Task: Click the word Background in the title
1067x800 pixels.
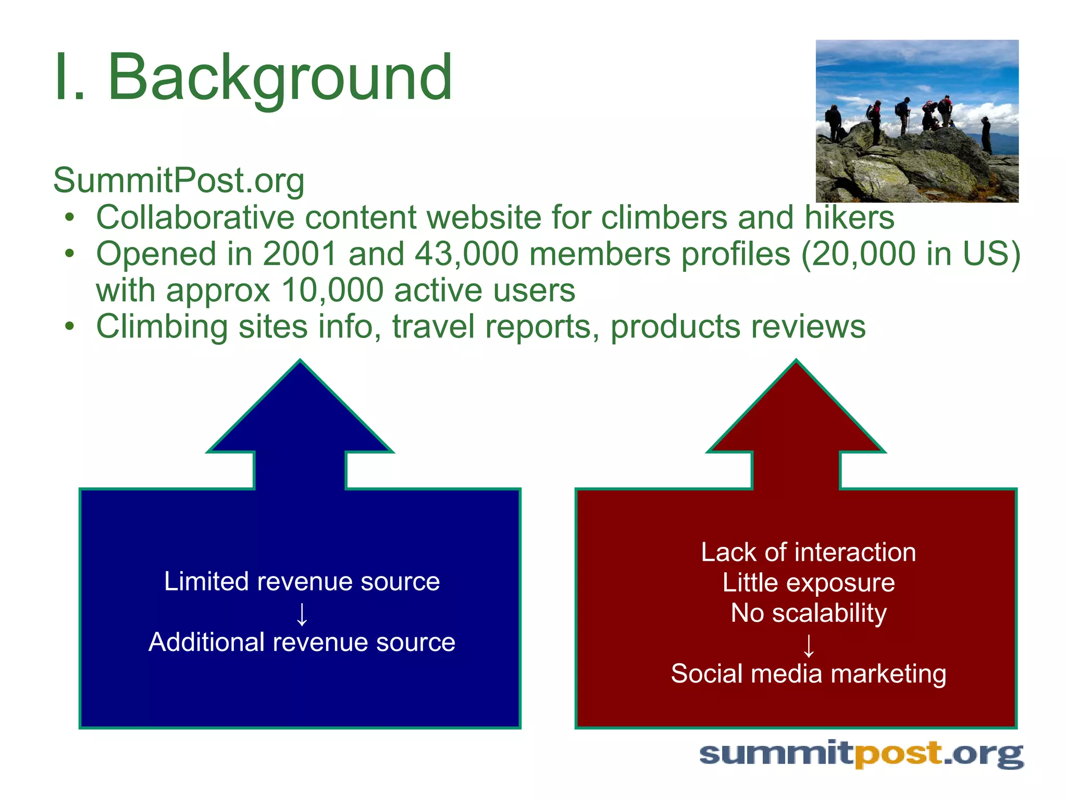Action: pos(280,78)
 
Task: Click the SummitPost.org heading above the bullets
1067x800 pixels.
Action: pos(179,180)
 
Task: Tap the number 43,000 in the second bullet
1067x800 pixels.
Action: pos(467,254)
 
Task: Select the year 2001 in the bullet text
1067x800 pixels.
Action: pos(300,254)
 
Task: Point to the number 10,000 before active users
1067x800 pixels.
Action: pos(332,290)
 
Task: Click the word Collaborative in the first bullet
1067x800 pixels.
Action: pos(195,217)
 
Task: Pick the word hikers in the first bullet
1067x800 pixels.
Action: pos(849,217)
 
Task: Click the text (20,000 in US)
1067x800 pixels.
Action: pos(910,254)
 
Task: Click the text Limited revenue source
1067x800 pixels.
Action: pos(302,581)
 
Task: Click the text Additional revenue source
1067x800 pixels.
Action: pos(302,642)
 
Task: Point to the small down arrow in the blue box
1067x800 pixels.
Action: pos(302,614)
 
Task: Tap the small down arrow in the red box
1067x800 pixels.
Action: pos(808,645)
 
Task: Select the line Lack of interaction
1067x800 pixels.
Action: pos(808,552)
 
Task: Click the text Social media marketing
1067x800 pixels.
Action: pos(808,673)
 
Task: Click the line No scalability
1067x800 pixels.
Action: pos(808,613)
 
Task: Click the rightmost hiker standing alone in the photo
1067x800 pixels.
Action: pos(986,134)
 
